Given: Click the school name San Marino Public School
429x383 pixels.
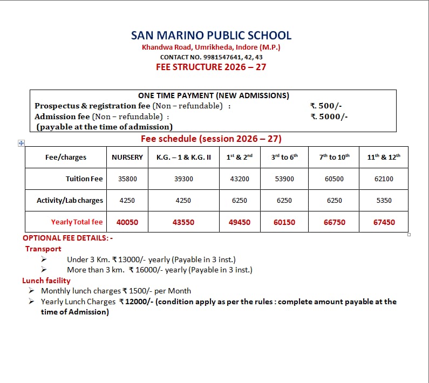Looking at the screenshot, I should [x=211, y=36].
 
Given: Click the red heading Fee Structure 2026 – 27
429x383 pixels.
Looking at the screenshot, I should [x=211, y=67].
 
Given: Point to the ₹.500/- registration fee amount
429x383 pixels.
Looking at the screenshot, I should [x=326, y=106].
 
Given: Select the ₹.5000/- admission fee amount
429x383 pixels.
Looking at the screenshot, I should [x=329, y=116].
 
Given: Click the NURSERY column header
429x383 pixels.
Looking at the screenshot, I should [x=127, y=157].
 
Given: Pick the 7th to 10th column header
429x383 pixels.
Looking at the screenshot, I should [x=334, y=157].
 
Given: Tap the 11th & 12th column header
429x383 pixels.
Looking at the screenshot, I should [x=384, y=157].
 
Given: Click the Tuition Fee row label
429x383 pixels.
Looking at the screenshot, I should [x=84, y=179].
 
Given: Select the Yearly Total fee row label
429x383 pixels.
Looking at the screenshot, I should [x=77, y=222].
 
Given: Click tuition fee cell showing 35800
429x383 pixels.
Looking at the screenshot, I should [x=127, y=179].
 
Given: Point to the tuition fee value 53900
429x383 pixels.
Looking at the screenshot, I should [x=284, y=179].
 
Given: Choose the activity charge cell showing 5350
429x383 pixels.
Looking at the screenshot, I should [x=384, y=200].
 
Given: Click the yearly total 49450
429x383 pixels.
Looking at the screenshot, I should [x=240, y=222].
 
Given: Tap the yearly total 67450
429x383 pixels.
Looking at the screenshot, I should [x=384, y=222].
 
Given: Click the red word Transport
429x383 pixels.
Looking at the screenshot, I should [x=43, y=249].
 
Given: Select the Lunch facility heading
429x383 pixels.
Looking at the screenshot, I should [x=46, y=281].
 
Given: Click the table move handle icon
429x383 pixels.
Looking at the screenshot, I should [x=21, y=143].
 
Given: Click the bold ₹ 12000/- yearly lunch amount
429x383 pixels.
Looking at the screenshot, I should [x=136, y=302].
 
